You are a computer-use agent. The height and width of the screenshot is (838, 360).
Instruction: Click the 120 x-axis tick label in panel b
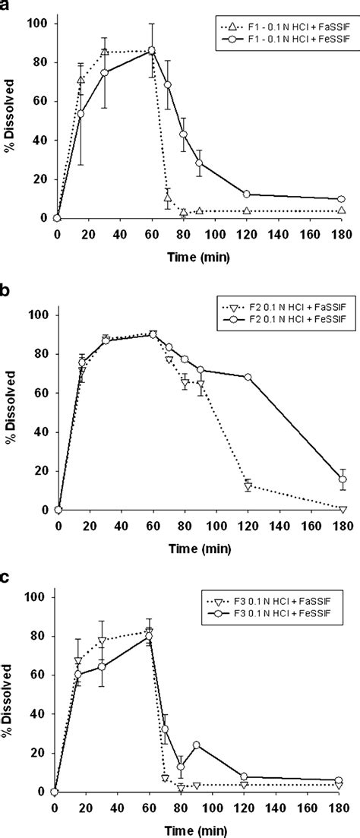247,525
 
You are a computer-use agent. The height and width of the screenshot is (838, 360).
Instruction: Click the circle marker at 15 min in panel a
81,114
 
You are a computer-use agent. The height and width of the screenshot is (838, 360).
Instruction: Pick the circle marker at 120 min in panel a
247,194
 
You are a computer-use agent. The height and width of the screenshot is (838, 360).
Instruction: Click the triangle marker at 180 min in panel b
343,508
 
